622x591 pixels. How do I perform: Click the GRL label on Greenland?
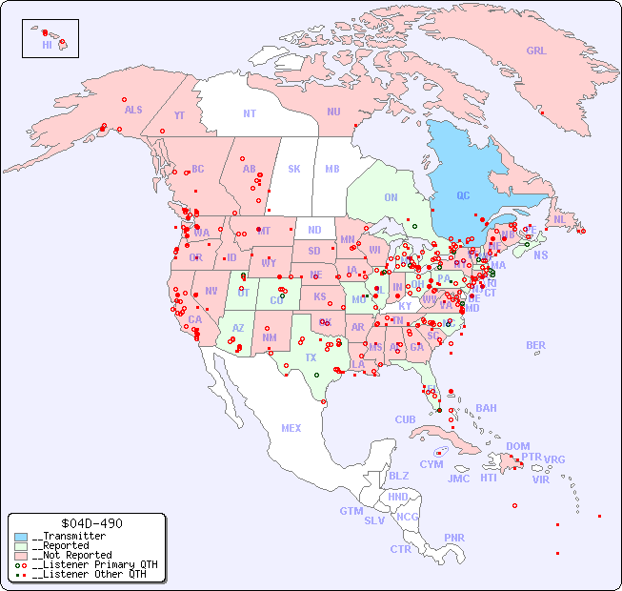[536, 51]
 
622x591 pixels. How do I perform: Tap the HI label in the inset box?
[47, 45]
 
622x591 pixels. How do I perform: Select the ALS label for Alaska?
[133, 110]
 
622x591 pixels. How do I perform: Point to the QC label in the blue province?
[463, 195]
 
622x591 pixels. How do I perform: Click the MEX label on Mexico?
[291, 428]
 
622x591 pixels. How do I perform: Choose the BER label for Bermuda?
[535, 345]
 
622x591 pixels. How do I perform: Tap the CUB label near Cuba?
[405, 419]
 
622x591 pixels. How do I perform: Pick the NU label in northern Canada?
[333, 112]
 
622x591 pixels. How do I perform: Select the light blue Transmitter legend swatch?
[21, 537]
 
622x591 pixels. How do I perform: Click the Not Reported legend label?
[71, 555]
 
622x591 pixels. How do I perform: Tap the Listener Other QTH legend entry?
[85, 574]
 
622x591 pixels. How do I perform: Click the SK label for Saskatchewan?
[294, 169]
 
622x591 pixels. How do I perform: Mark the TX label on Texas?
[311, 357]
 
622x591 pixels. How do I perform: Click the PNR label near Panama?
[454, 537]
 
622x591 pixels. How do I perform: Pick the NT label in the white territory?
[250, 112]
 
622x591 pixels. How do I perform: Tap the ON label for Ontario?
[391, 197]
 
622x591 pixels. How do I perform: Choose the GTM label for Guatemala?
[351, 511]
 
